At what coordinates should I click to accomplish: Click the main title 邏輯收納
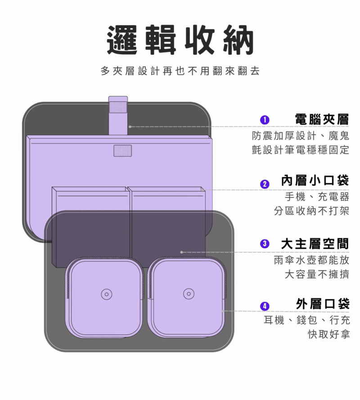(x=180, y=40)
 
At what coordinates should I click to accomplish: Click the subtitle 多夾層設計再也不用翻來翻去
(x=180, y=71)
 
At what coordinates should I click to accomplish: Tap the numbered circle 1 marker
(x=265, y=120)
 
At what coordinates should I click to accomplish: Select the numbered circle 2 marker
(x=265, y=184)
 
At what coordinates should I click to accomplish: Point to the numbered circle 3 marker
(x=265, y=243)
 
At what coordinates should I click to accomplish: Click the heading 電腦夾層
(x=322, y=119)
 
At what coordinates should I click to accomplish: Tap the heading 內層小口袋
(x=315, y=181)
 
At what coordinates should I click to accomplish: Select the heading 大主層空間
(x=315, y=243)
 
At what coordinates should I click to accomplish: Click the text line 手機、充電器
(x=317, y=197)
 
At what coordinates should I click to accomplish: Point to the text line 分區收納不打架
(x=311, y=211)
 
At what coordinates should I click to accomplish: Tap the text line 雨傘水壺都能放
(x=311, y=260)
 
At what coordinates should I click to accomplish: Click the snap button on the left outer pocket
(x=106, y=294)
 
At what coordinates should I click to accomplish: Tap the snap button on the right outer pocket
(x=189, y=294)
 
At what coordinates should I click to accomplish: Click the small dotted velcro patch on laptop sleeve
(x=122, y=150)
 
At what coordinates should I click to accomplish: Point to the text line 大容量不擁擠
(x=317, y=274)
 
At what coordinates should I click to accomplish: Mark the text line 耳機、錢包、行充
(x=306, y=320)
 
